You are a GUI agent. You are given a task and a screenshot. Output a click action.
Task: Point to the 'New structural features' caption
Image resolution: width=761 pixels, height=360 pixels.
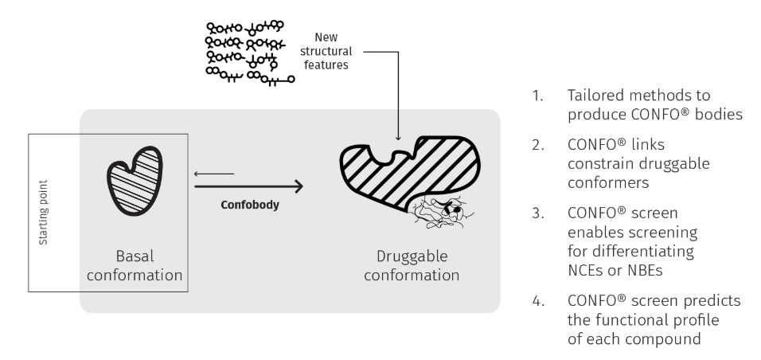click(332, 51)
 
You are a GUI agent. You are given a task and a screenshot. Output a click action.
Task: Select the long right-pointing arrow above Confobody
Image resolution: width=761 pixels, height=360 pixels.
click(248, 186)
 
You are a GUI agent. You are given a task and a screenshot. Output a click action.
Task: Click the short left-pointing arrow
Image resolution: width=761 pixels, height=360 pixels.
click(213, 172)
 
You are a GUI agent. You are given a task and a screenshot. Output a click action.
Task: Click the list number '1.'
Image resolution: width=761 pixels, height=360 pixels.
click(539, 96)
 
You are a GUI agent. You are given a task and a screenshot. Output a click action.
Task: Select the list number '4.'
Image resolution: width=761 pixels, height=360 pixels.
click(539, 300)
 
